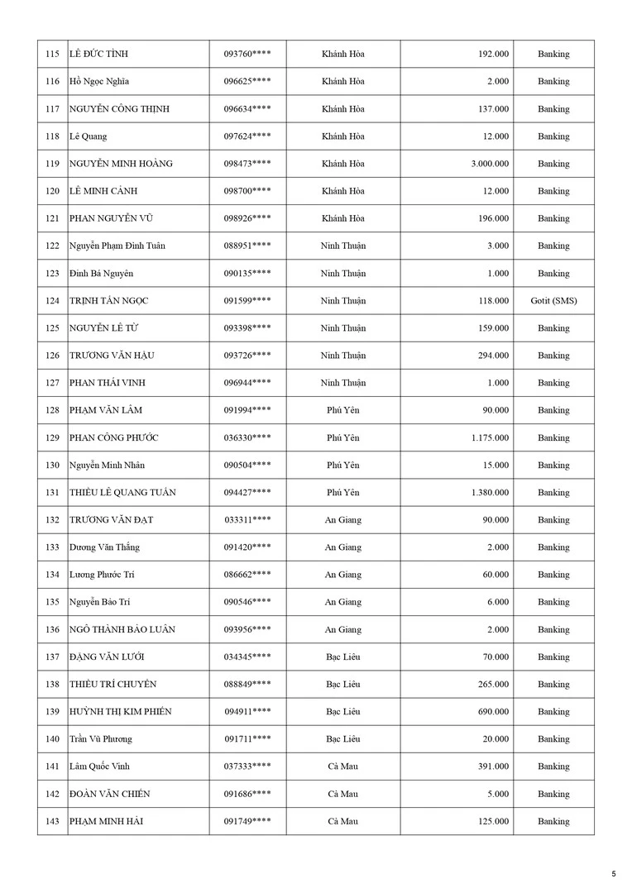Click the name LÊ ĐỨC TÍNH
tap(98, 55)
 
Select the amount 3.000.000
tap(490, 164)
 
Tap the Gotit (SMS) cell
tap(553, 301)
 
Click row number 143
tap(52, 822)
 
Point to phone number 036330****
tap(247, 438)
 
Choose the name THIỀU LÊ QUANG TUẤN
tap(122, 493)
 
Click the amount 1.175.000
tap(490, 438)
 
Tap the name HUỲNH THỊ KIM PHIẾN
tap(121, 712)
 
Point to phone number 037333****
tap(247, 766)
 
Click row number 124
tap(52, 301)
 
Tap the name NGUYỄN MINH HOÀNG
tap(121, 164)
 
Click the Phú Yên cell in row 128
tap(343, 411)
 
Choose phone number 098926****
tap(247, 219)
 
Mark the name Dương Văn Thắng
tap(104, 547)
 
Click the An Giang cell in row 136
tap(343, 630)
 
